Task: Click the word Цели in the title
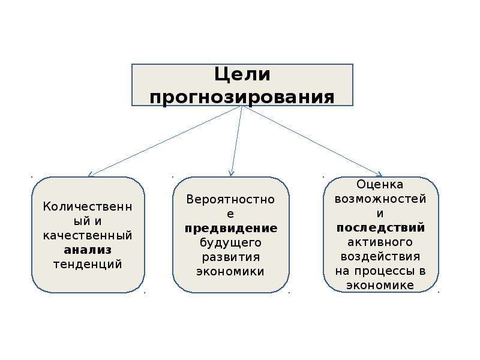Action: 242,74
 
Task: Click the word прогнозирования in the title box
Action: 242,97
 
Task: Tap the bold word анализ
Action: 88,250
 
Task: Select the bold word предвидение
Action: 231,229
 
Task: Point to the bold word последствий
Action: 380,228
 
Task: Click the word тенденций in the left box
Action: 88,264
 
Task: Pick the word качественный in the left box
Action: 88,235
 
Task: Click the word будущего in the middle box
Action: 230,243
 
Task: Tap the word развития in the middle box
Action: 231,257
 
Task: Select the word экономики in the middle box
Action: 230,272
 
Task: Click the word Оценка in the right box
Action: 380,184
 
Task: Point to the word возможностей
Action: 380,199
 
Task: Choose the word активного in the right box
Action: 380,242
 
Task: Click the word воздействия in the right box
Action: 380,257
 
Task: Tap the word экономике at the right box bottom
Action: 380,286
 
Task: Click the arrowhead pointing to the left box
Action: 91,175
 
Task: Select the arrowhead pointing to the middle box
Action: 232,173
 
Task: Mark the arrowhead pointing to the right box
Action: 380,175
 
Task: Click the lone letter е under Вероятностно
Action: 230,214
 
